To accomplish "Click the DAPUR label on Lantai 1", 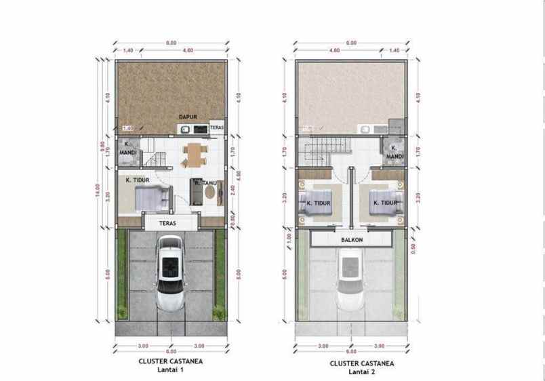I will click(187, 117).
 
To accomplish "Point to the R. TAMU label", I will click(203, 182).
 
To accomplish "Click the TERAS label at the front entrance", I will click(168, 222).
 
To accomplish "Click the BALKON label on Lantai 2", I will click(350, 239).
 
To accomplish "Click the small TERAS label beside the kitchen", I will click(216, 127).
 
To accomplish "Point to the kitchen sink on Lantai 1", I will click(201, 128).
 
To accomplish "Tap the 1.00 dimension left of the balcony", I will click(289, 239).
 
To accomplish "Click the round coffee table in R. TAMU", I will click(211, 194).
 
